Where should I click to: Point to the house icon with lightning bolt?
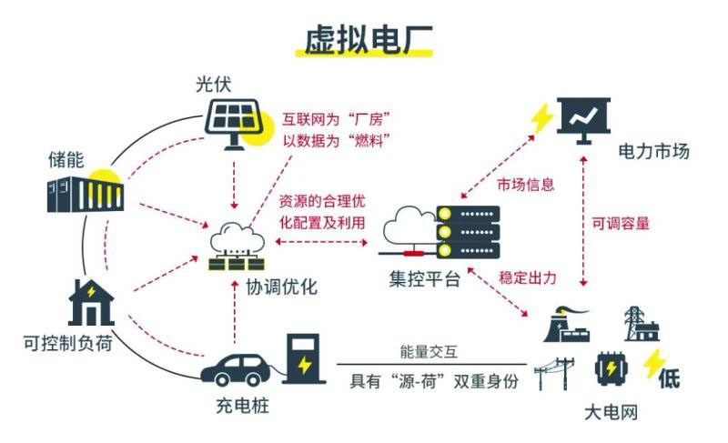(x=91, y=302)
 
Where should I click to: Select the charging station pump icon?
(x=302, y=358)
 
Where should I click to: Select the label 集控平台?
(x=420, y=279)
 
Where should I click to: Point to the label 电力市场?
(x=652, y=151)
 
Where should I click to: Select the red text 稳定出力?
(x=527, y=276)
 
